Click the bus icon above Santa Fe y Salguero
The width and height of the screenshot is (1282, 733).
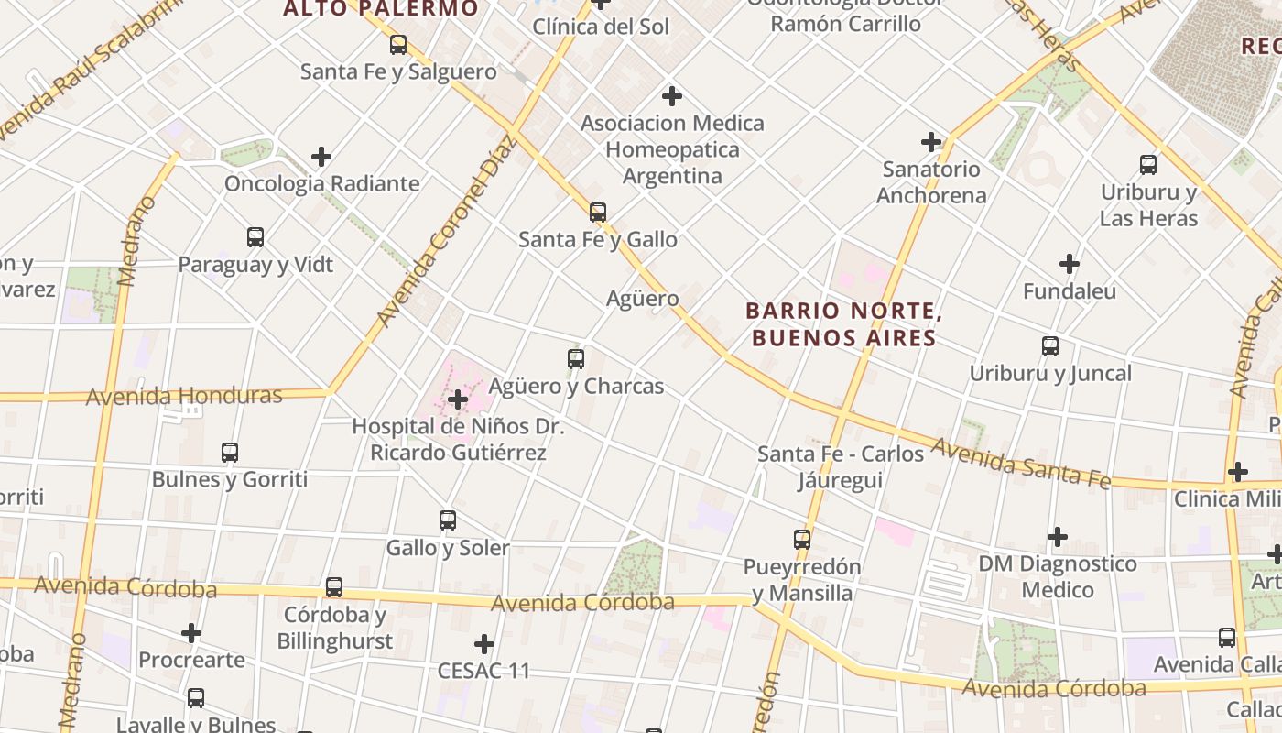pyautogui.click(x=398, y=44)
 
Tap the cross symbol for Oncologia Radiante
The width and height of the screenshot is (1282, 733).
pyautogui.click(x=320, y=157)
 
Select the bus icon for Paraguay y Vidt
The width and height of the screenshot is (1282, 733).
pyautogui.click(x=255, y=237)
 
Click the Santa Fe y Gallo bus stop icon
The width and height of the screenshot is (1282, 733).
pyautogui.click(x=598, y=213)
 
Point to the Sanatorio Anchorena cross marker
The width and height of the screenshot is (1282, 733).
pyautogui.click(x=931, y=142)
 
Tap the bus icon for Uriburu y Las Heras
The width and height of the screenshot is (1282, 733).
pyautogui.click(x=1148, y=165)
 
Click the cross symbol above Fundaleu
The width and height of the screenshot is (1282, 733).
pyautogui.click(x=1069, y=265)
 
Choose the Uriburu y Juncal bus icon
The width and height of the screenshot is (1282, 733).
pyautogui.click(x=1050, y=346)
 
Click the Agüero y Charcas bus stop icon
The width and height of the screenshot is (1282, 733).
pyautogui.click(x=576, y=359)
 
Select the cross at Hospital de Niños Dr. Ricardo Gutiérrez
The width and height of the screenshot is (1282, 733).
pyautogui.click(x=458, y=399)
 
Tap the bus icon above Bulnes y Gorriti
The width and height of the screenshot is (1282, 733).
pyautogui.click(x=230, y=453)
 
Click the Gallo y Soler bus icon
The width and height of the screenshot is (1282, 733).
pyautogui.click(x=448, y=520)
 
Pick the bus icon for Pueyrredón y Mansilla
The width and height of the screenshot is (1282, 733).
pyautogui.click(x=802, y=539)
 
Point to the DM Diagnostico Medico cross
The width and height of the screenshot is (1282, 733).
pyautogui.click(x=1058, y=536)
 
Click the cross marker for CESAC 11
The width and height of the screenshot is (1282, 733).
pyautogui.click(x=484, y=643)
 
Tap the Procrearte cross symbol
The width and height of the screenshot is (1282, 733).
pyautogui.click(x=191, y=633)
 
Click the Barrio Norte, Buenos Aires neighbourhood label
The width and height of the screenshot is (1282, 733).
pyautogui.click(x=843, y=324)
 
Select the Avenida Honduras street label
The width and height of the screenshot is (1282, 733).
pyautogui.click(x=184, y=396)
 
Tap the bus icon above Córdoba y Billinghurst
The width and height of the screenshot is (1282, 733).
pyautogui.click(x=334, y=587)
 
